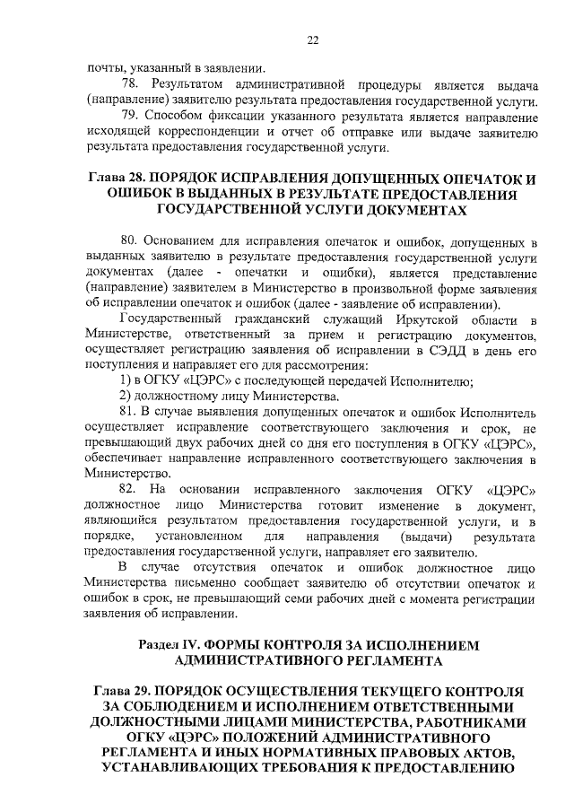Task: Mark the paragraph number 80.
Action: point(129,241)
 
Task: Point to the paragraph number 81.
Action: point(129,413)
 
